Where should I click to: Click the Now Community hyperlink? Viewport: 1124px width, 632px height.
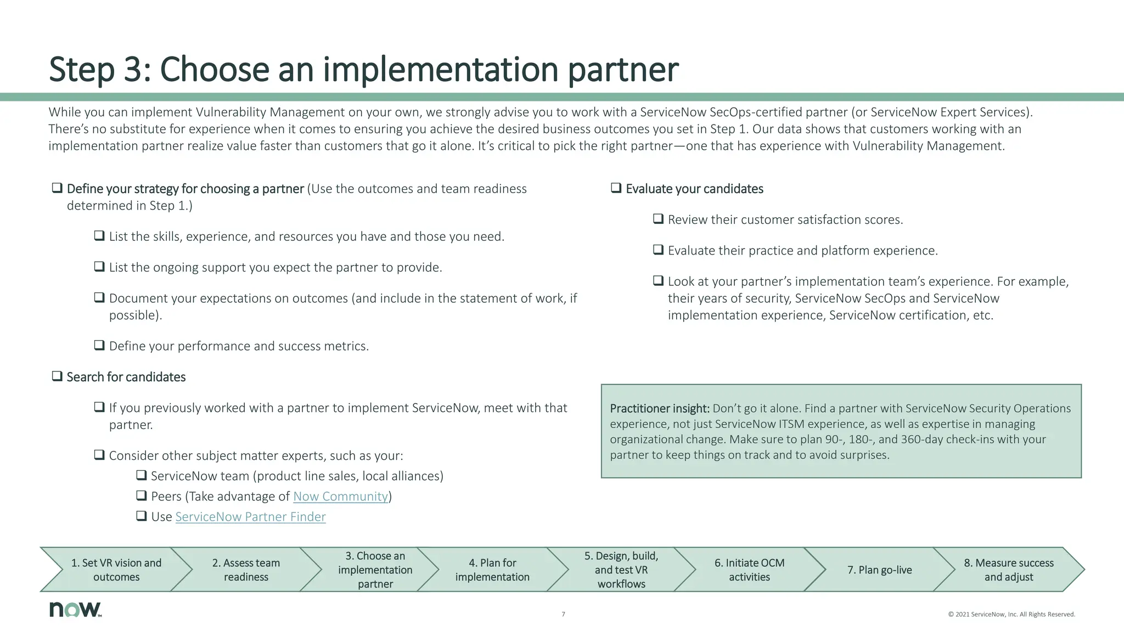tap(340, 496)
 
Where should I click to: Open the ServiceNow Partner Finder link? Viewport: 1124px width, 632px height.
tap(250, 517)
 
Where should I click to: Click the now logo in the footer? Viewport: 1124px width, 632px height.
tap(75, 609)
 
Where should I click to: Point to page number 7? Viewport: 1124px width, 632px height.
tap(563, 614)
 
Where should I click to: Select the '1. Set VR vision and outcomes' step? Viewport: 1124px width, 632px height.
tap(116, 569)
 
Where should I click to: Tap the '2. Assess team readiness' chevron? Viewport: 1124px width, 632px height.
tap(246, 569)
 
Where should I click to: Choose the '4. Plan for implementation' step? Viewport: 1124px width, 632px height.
tap(492, 569)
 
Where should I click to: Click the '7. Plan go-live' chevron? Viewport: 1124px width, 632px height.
tap(879, 569)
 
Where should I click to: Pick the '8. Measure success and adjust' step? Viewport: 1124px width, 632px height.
tap(1009, 569)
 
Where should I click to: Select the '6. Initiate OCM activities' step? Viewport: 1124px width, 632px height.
tap(749, 569)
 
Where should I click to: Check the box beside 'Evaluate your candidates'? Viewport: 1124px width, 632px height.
tap(616, 188)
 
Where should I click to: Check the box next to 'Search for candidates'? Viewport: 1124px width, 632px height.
tap(57, 376)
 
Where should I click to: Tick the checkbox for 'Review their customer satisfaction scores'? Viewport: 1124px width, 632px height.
tap(658, 219)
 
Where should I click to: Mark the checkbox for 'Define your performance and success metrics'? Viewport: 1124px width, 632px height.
tap(99, 345)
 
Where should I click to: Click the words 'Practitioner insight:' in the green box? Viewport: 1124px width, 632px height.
tap(660, 409)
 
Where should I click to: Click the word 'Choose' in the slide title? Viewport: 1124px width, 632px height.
tap(214, 70)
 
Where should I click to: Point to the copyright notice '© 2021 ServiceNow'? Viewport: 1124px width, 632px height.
tap(1011, 614)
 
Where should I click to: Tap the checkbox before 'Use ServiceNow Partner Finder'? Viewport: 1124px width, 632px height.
tap(141, 516)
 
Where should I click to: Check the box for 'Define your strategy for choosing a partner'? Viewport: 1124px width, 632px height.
tap(57, 188)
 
